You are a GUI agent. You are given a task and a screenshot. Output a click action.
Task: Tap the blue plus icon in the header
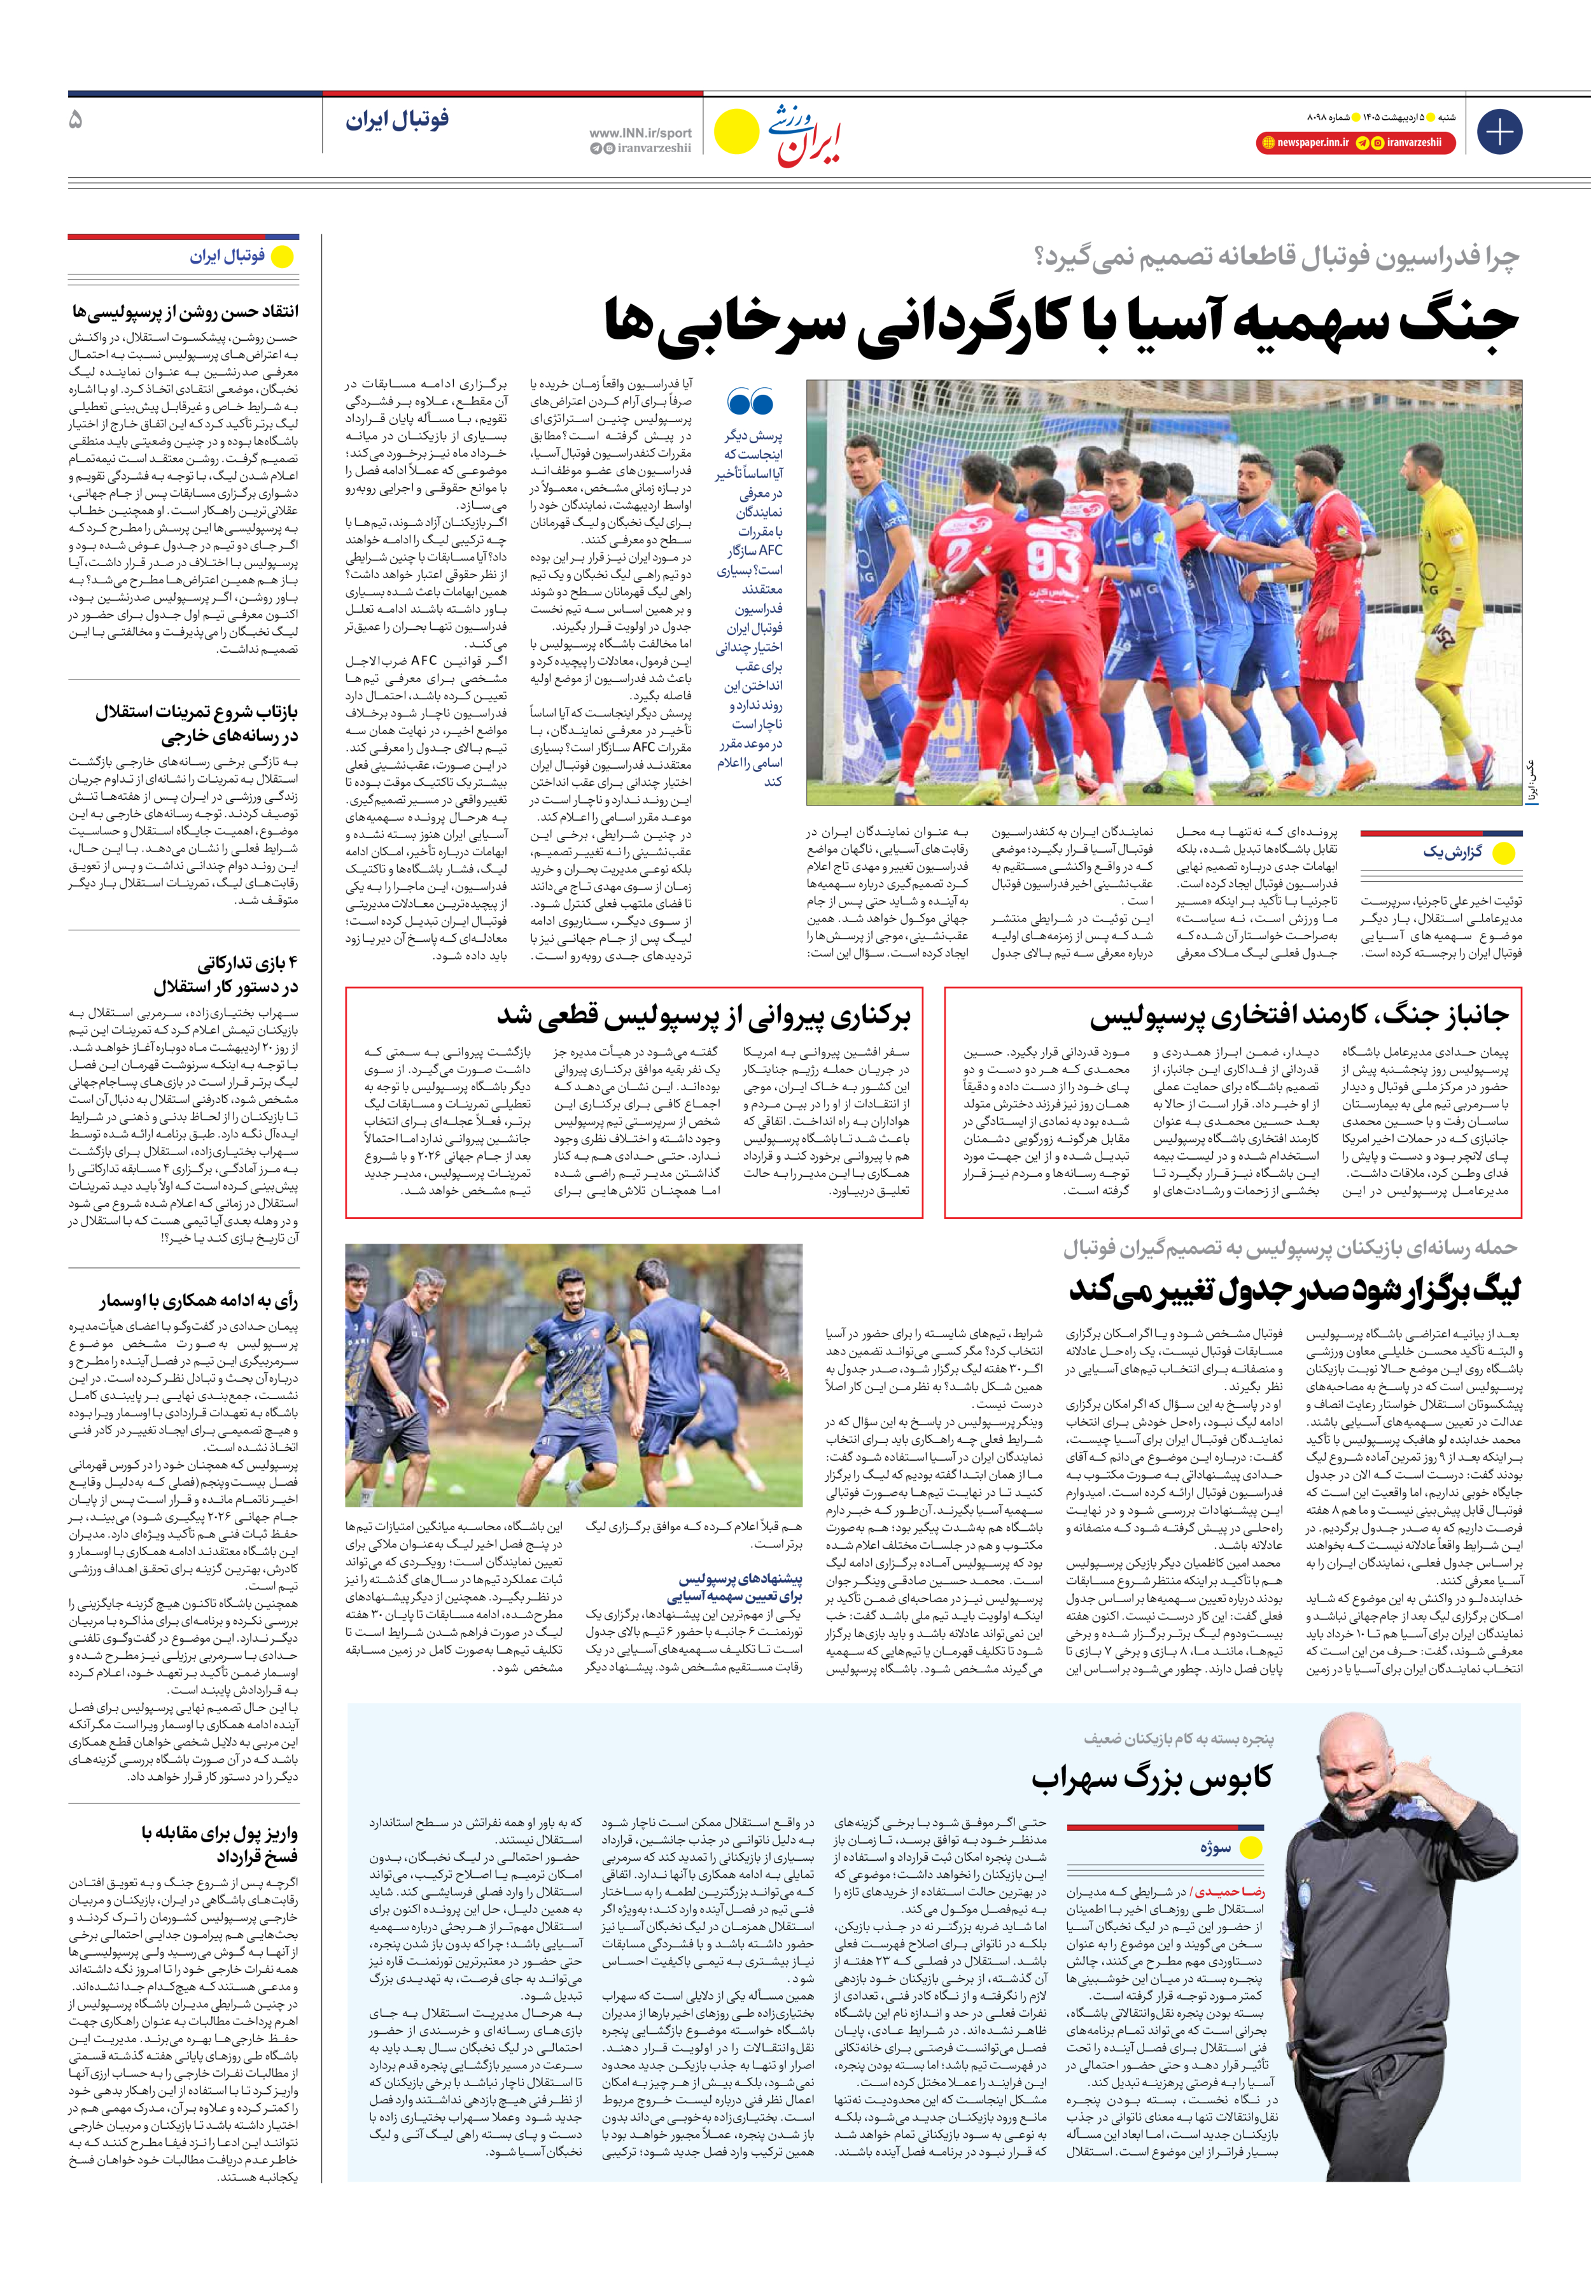(1499, 132)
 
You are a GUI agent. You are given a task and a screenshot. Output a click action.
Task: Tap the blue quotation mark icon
(750, 402)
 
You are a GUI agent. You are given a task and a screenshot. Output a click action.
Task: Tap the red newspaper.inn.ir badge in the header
(1304, 143)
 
